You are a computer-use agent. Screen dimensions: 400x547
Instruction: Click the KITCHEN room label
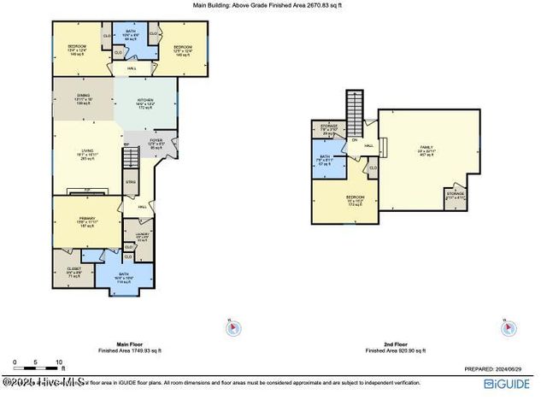(144, 101)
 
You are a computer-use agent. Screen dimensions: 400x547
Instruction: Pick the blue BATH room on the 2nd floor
(325, 160)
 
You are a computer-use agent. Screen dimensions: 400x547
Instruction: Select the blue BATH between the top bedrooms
(131, 37)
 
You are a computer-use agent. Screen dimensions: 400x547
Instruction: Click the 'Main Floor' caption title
(129, 344)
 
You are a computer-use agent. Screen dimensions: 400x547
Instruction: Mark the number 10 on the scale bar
(59, 362)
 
